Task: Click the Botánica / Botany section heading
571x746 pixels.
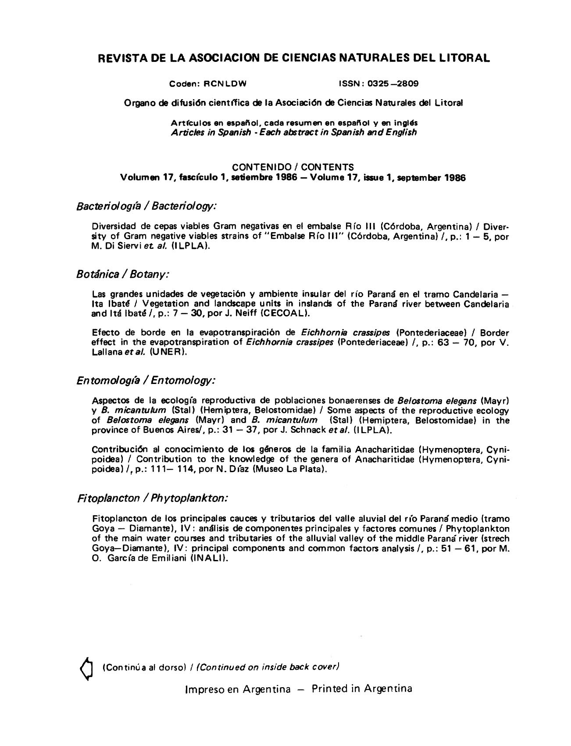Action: coord(123,274)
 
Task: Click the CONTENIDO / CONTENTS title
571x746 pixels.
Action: coord(293,167)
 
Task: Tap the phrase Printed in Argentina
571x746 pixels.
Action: coord(362,689)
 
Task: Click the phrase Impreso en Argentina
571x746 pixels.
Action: coord(238,689)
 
